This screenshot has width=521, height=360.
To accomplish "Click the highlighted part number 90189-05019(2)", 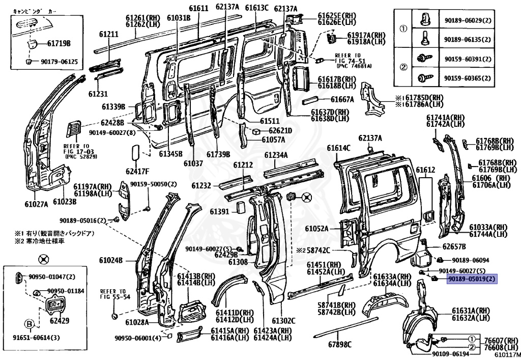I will click(x=471, y=279).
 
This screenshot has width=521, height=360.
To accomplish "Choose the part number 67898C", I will click(x=339, y=345).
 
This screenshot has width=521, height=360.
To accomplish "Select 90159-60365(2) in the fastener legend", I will click(x=468, y=78).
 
